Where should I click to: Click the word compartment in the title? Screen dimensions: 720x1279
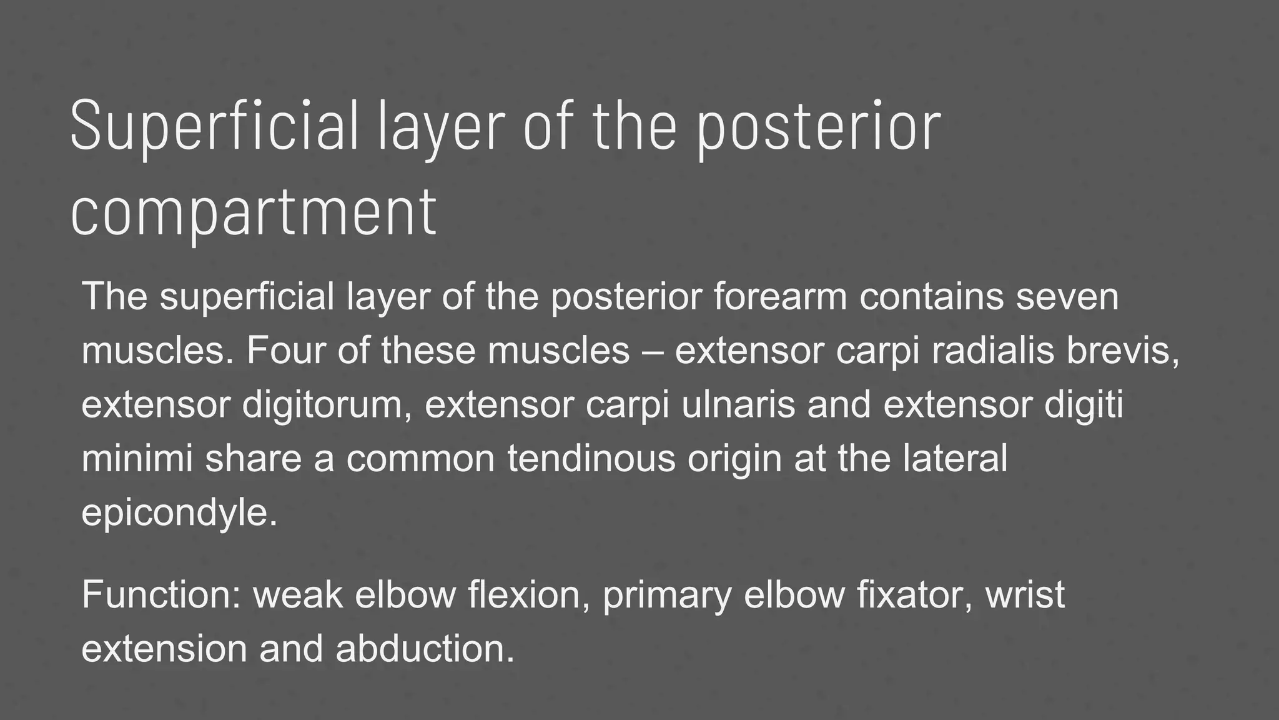point(254,212)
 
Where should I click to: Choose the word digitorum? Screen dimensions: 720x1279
point(327,404)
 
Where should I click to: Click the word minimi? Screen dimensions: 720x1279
point(137,458)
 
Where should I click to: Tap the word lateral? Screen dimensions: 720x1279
point(955,458)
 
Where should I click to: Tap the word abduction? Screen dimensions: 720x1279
point(425,648)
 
